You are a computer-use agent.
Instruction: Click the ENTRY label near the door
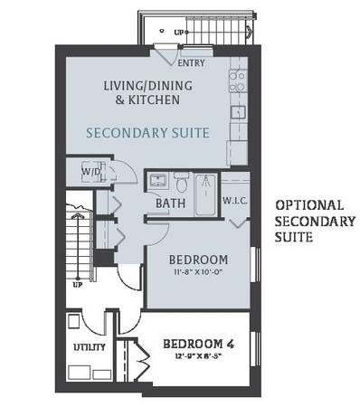coord(191,63)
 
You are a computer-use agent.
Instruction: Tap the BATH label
coord(170,203)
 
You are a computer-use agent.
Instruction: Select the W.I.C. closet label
coord(235,201)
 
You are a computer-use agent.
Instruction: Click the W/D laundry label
coord(91,172)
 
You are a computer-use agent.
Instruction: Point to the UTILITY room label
coord(90,347)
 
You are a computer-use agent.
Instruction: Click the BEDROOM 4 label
coord(198,344)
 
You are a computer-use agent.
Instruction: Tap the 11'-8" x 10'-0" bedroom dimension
coord(198,272)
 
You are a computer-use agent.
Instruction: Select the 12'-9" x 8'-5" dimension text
coord(198,356)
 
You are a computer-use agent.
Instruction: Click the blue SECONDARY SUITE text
coord(147,133)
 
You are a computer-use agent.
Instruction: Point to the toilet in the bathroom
coord(182,183)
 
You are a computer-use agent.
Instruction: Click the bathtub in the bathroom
coord(205,194)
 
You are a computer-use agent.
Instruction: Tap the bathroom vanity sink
coord(158,181)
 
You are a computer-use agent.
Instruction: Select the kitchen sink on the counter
coord(238,112)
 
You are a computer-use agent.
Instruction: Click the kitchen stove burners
coord(238,81)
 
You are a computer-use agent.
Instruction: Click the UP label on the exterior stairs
coord(179,33)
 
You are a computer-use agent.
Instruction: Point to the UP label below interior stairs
coord(78,285)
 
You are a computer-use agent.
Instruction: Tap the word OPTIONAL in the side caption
coord(309,205)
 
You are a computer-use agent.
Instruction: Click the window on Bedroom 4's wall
coord(256,349)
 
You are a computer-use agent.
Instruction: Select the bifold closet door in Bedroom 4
coord(142,359)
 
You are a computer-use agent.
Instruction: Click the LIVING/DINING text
coord(147,86)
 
